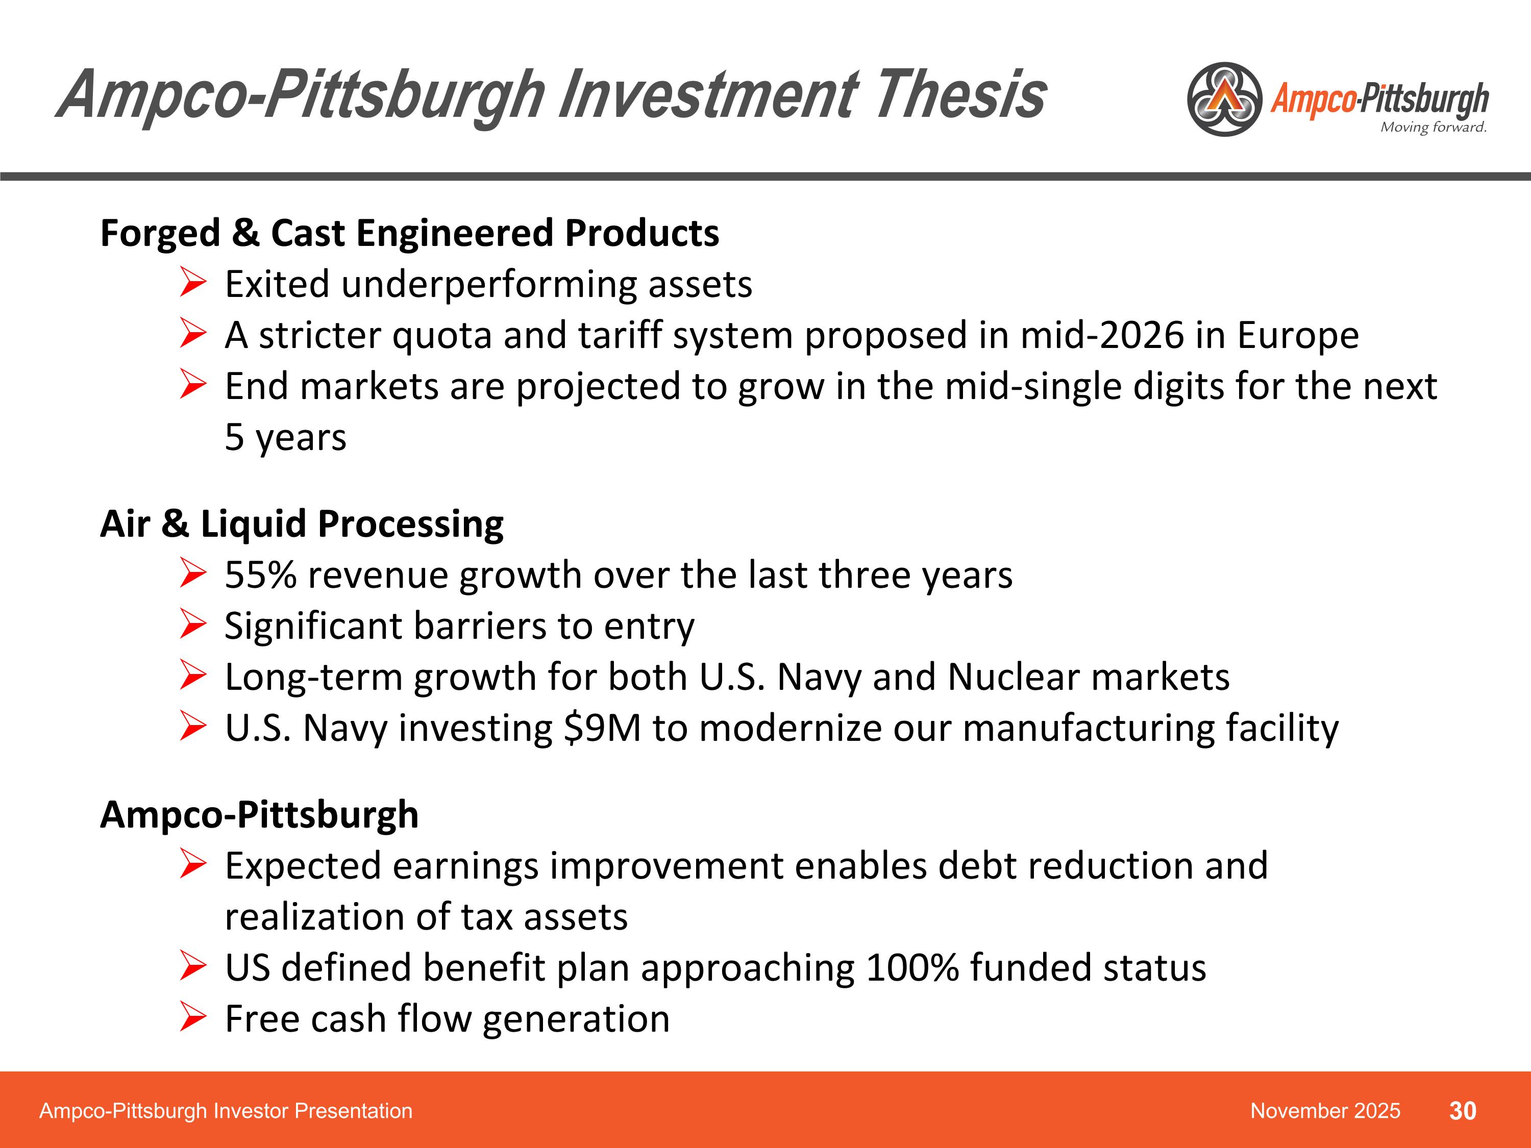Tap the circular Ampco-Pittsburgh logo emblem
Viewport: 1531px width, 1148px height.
click(1224, 99)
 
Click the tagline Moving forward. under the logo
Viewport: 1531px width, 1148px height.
click(1433, 128)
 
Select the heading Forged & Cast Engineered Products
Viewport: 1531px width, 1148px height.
click(409, 233)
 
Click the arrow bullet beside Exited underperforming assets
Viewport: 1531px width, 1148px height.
click(192, 283)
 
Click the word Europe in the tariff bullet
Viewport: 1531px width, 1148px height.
click(1298, 336)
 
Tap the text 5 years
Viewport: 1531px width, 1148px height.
click(285, 437)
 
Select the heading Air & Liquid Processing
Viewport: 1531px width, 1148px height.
click(302, 524)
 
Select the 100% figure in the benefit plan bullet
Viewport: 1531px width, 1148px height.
click(911, 967)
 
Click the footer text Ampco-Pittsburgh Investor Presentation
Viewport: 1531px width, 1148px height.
click(226, 1111)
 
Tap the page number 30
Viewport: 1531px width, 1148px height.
click(1463, 1111)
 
